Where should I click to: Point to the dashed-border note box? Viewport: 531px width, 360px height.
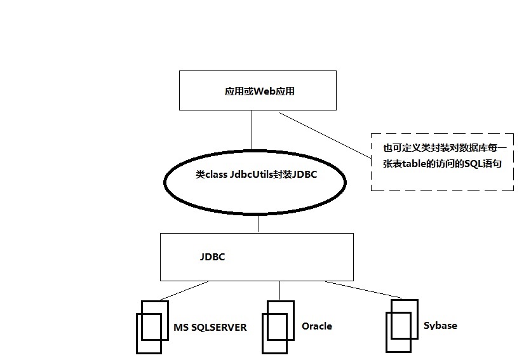coord(442,162)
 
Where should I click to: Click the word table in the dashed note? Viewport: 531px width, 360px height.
coord(413,164)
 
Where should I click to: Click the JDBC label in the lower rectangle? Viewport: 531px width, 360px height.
coord(212,258)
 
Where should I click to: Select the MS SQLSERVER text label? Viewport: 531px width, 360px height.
coord(210,328)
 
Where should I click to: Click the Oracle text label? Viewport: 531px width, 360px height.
coord(316,326)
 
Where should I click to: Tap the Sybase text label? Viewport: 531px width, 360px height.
coord(440,326)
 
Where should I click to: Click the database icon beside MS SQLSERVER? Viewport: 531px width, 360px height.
coord(149,326)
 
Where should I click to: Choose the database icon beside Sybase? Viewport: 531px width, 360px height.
coord(403,324)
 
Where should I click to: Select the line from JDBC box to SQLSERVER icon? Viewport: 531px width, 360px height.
coord(184,290)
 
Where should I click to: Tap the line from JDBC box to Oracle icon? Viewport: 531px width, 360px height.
coord(279,290)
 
